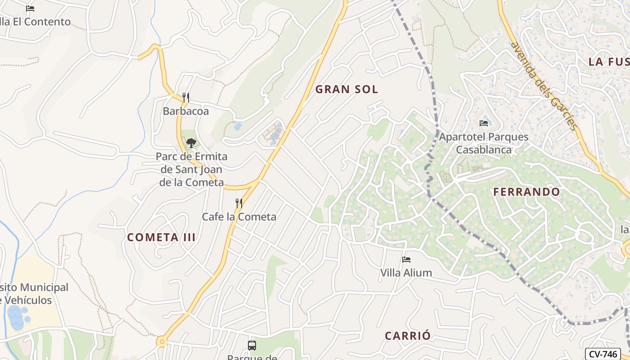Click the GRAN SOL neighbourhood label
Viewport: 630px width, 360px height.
pos(346,89)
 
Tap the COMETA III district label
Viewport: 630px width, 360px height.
pos(161,237)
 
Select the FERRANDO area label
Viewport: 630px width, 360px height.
pos(526,192)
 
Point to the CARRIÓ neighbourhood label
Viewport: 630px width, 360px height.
pos(408,336)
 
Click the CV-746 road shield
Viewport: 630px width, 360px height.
pos(603,354)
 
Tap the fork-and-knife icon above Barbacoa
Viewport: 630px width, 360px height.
pos(185,97)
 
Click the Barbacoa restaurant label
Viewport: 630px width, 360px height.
pos(186,111)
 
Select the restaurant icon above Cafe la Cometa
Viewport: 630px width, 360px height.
pos(239,203)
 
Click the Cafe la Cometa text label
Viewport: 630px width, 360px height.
pos(239,216)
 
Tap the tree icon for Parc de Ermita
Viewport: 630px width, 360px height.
pos(191,143)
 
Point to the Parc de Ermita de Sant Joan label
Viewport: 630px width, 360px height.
pos(192,170)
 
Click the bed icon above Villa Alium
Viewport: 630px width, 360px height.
pos(406,259)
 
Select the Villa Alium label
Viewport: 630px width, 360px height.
pos(406,273)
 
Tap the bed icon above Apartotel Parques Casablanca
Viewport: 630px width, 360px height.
pos(484,123)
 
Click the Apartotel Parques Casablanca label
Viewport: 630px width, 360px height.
pos(484,143)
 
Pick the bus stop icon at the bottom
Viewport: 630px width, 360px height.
pos(252,346)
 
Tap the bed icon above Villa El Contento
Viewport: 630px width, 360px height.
pos(30,9)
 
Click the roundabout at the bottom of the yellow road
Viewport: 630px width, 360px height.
pos(162,342)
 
